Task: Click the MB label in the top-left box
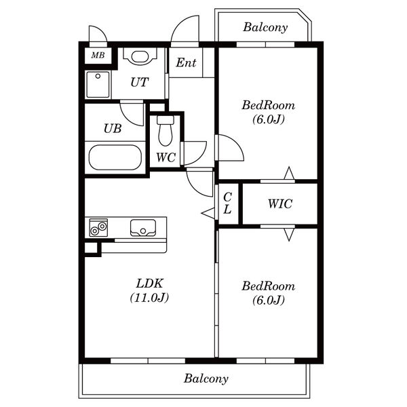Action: (98, 55)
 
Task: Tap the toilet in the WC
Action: (166, 130)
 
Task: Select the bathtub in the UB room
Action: (115, 157)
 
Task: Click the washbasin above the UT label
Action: (140, 56)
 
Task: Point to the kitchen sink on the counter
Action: (143, 228)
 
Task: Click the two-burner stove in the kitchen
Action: (98, 228)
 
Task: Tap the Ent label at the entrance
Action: (186, 62)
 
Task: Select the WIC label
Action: (280, 203)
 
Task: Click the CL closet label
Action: (227, 203)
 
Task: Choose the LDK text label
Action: (150, 284)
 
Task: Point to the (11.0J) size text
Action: (149, 298)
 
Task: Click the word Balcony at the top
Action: (265, 27)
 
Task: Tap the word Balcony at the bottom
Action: (206, 379)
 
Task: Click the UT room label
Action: (139, 82)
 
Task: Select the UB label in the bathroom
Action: (113, 128)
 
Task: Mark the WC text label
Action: (166, 157)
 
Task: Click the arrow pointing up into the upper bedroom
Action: (289, 173)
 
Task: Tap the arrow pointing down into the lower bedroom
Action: (289, 235)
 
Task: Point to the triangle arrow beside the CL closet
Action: (208, 213)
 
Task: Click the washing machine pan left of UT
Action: (98, 85)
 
